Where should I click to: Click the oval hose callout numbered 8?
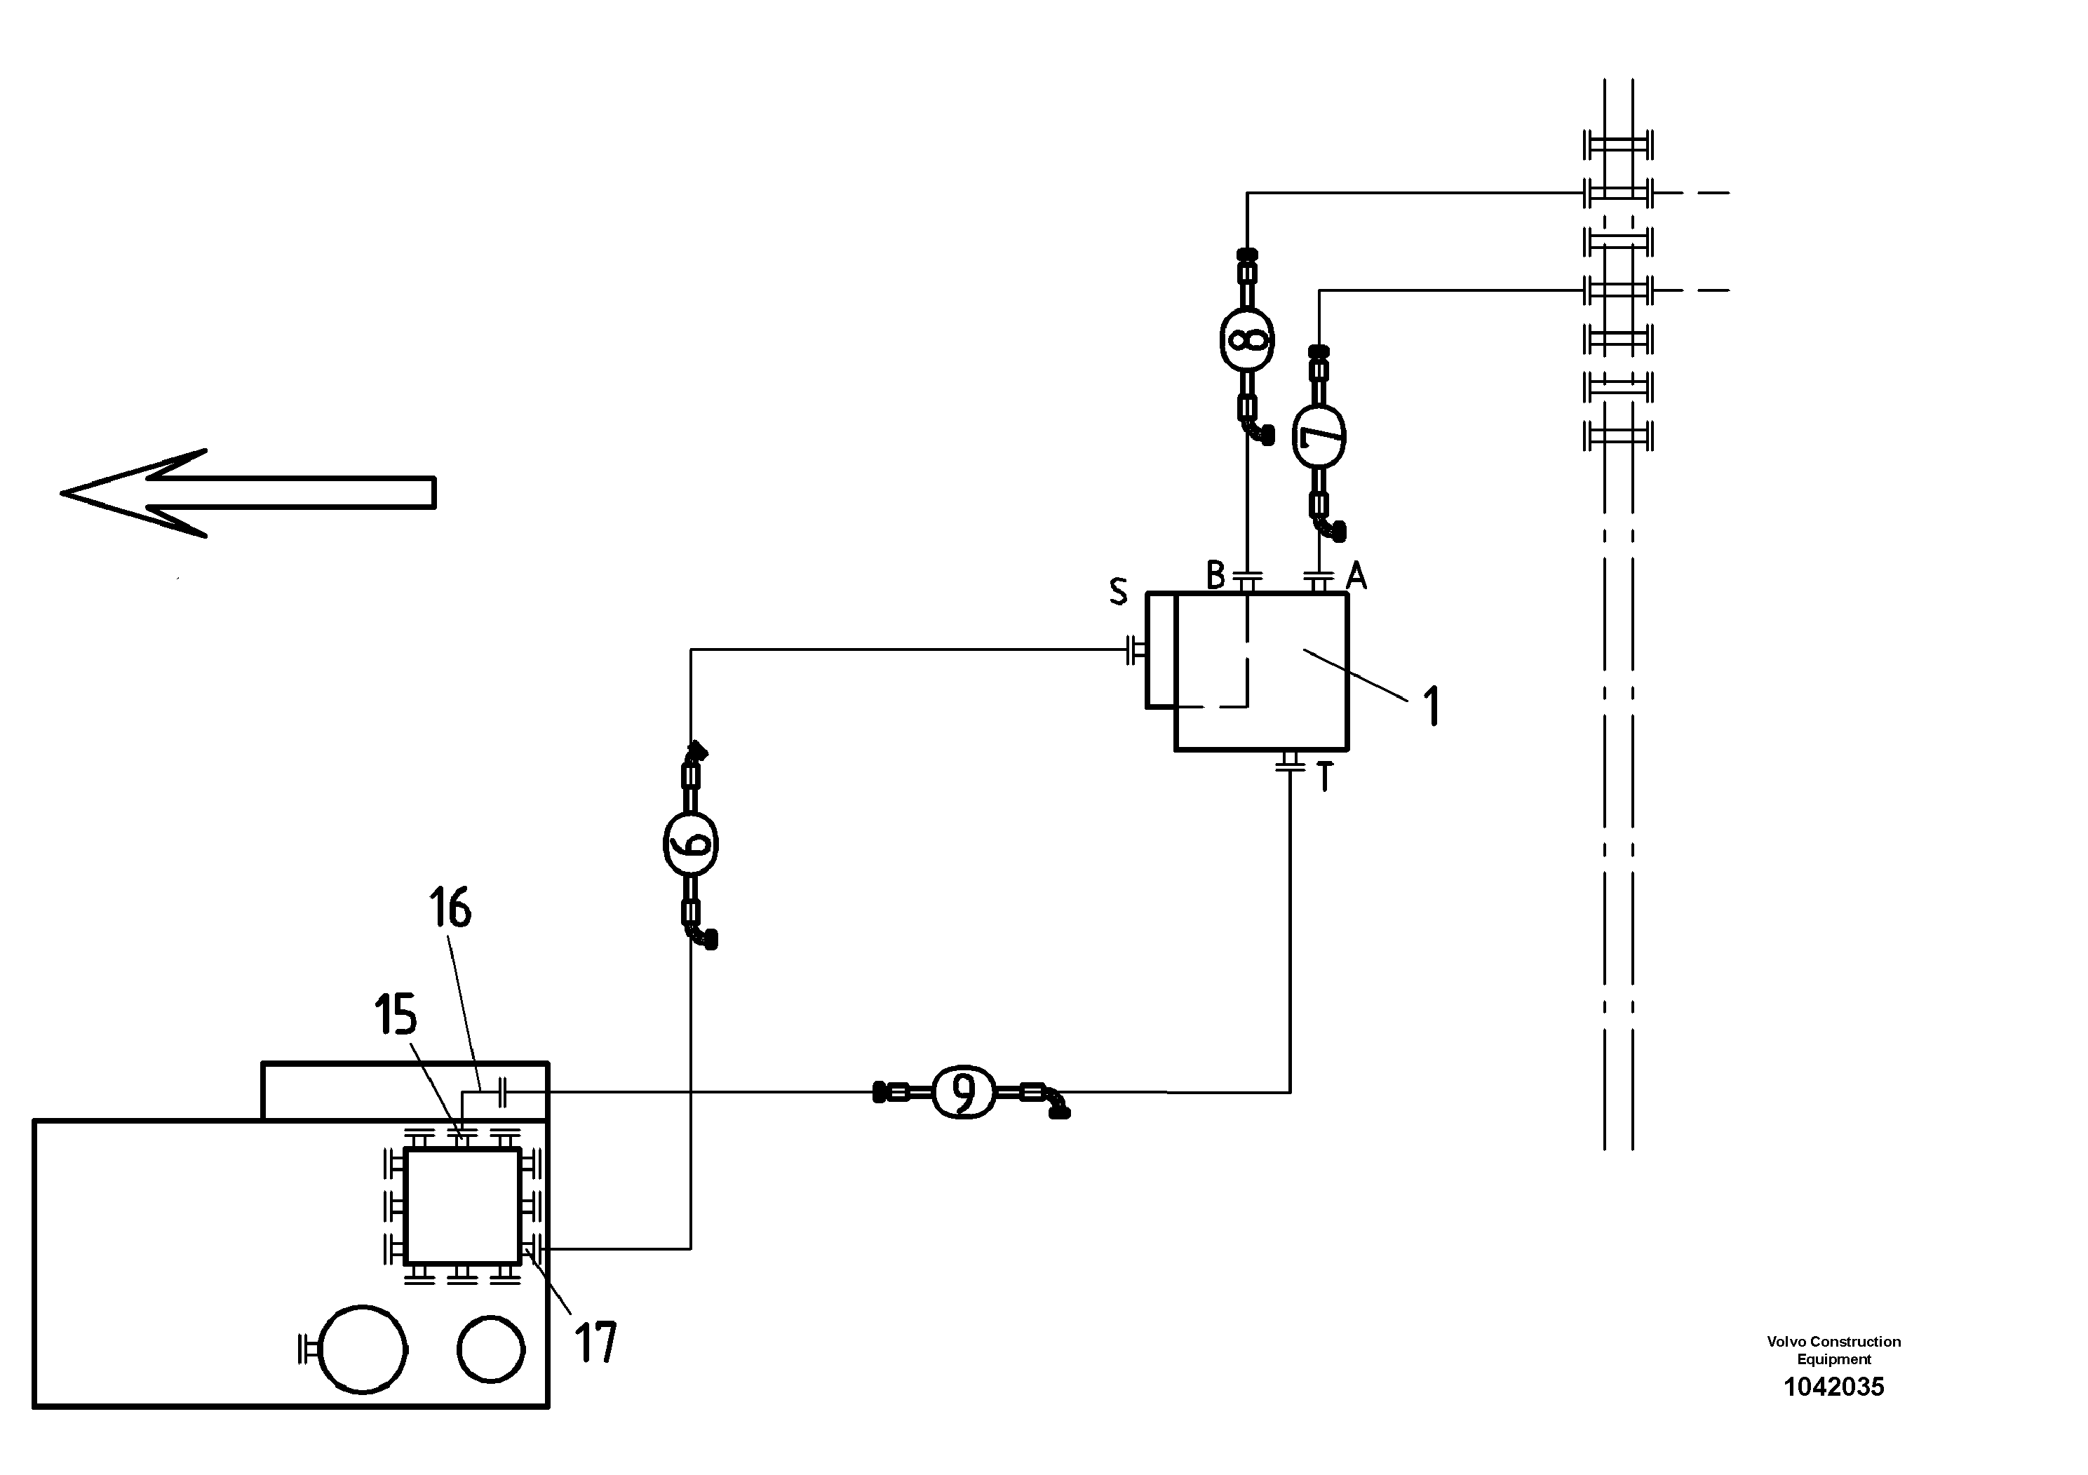(1247, 339)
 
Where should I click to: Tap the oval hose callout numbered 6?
(690, 844)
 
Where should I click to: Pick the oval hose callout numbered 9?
(964, 1091)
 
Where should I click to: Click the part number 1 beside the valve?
(1432, 706)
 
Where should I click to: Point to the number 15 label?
(396, 1015)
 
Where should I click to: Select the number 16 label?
(450, 908)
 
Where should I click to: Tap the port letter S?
(1118, 592)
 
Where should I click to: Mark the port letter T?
(1324, 779)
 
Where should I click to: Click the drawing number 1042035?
(1833, 1387)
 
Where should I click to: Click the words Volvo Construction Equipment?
(1833, 1350)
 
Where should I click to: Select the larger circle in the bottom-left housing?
(363, 1349)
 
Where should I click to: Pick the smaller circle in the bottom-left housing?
(491, 1349)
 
